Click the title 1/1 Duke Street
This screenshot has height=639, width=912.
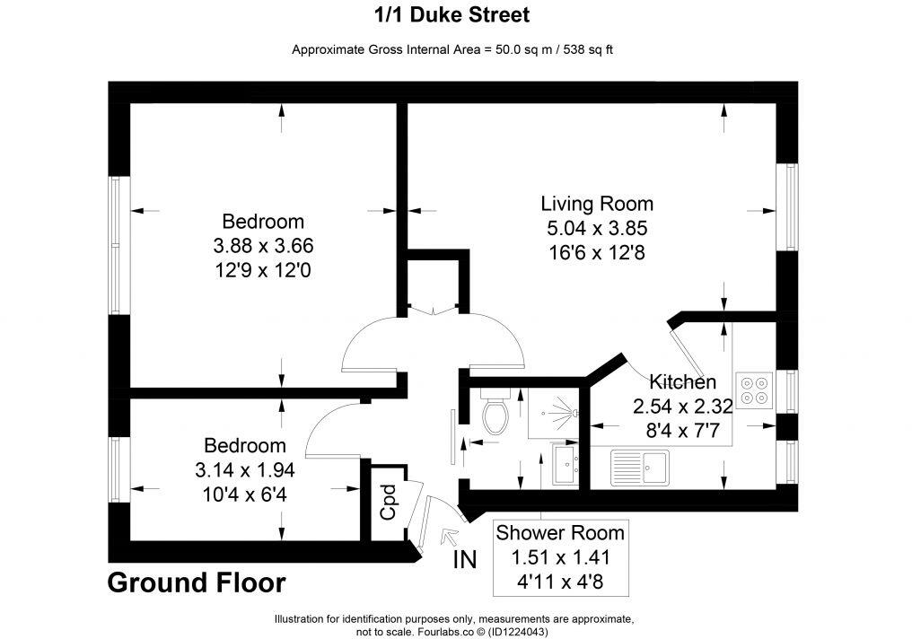(x=452, y=15)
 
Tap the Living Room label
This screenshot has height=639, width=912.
(x=596, y=203)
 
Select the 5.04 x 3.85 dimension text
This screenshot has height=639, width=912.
(x=596, y=228)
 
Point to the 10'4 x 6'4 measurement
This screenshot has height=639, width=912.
(x=245, y=492)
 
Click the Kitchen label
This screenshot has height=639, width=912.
(x=683, y=381)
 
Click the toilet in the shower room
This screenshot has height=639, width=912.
(x=495, y=412)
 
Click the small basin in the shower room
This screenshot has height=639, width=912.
(x=566, y=465)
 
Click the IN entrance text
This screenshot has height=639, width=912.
(x=464, y=560)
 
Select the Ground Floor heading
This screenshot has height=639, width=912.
(x=197, y=583)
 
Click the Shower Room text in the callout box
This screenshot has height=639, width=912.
(x=560, y=533)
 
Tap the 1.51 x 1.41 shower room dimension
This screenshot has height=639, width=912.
(x=560, y=557)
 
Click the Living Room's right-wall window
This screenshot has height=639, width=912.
(x=787, y=208)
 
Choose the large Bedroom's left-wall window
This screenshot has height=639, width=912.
(x=115, y=245)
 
